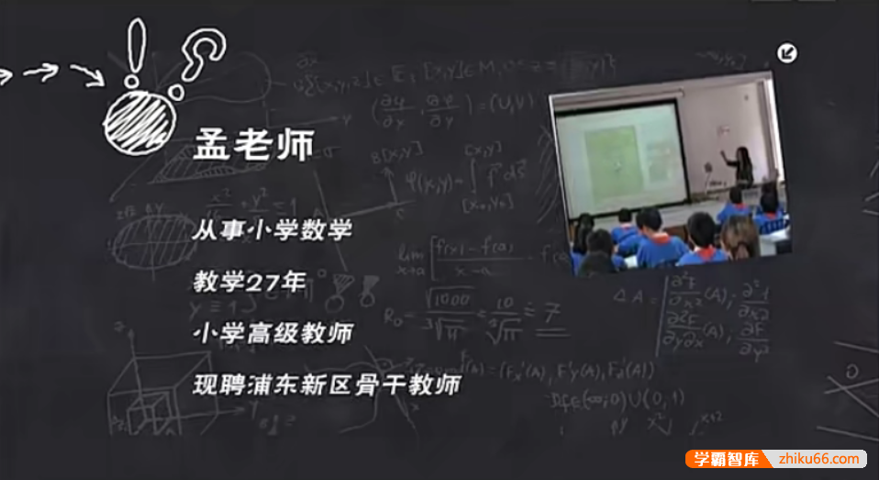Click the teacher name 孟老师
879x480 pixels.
pyautogui.click(x=253, y=145)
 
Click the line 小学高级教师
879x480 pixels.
pyautogui.click(x=272, y=333)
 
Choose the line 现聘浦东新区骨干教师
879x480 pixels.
pyautogui.click(x=326, y=385)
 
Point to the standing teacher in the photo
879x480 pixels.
pyautogui.click(x=740, y=166)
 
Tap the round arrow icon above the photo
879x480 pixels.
pyautogui.click(x=786, y=53)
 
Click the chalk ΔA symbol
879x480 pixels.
pyautogui.click(x=627, y=295)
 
